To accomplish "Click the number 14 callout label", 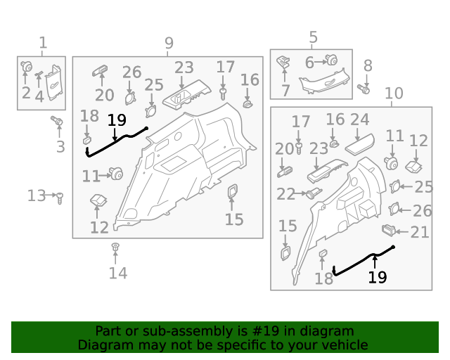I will (x=117, y=273).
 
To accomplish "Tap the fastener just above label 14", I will (x=116, y=247).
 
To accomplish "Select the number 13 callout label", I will (x=37, y=195).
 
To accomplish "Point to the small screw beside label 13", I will (x=60, y=198).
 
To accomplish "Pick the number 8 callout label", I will (x=368, y=66).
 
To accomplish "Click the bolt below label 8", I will (x=364, y=89).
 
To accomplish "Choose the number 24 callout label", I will (x=359, y=120).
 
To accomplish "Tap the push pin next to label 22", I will (x=310, y=193).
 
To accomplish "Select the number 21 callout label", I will (x=419, y=231).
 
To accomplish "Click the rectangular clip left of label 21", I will (x=389, y=229).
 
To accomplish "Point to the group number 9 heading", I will (x=169, y=44).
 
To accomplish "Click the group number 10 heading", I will (x=394, y=93).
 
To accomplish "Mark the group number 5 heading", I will (x=313, y=37).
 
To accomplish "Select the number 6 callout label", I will (x=309, y=63).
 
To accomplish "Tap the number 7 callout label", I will (x=285, y=91).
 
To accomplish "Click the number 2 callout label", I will (x=26, y=94).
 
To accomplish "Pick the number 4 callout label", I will (x=39, y=96).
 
